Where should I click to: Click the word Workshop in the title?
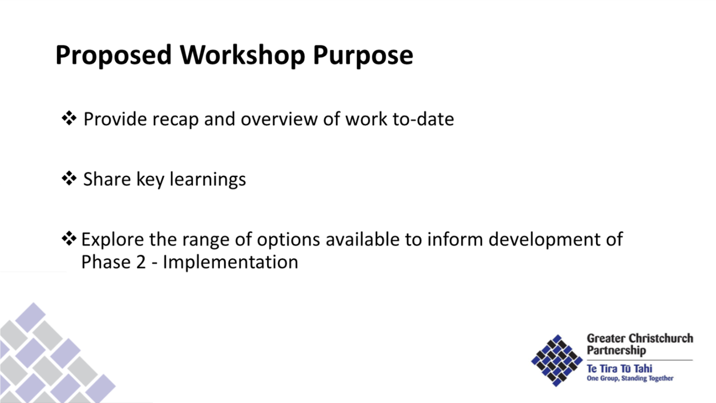(242, 55)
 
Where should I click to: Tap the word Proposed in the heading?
(114, 55)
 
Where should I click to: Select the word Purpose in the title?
(363, 55)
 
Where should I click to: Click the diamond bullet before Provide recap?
(69, 118)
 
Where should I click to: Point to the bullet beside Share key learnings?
(69, 178)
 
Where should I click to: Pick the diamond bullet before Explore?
(69, 239)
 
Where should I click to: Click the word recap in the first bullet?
(176, 120)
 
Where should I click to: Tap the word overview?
(280, 119)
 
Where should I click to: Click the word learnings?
(208, 179)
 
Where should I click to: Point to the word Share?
(107, 179)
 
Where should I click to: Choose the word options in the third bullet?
(288, 240)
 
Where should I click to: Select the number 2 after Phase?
(141, 262)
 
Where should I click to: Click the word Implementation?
(230, 263)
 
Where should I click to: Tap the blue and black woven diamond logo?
(557, 360)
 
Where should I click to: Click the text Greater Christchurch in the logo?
(640, 338)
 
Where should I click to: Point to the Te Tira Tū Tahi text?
(620, 369)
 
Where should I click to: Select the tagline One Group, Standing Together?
(630, 378)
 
